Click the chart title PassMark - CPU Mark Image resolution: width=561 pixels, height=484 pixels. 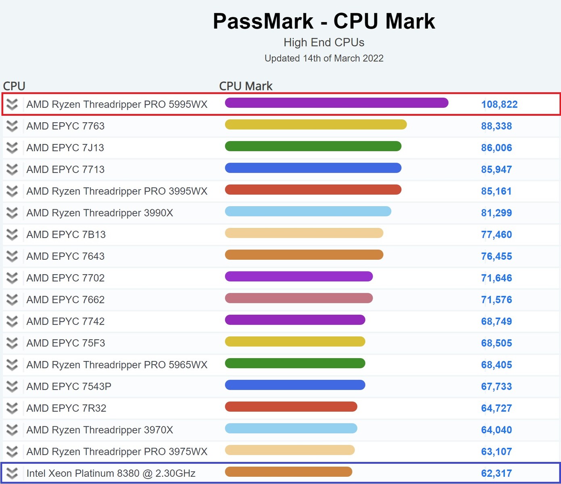coord(324,21)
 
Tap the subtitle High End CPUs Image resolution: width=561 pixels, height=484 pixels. coord(324,42)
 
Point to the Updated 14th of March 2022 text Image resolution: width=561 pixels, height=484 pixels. coord(324,58)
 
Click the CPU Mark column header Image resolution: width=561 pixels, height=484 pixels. coord(246,86)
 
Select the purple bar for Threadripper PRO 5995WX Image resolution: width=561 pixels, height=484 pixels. coord(336,103)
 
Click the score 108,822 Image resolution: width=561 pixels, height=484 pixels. coord(499,104)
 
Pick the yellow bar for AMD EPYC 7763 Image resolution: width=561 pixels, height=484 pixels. coord(315,125)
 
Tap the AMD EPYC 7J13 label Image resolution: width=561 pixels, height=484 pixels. coord(65,148)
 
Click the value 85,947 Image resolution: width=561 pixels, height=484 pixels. coord(496,170)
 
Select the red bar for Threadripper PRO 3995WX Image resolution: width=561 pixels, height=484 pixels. coord(313,190)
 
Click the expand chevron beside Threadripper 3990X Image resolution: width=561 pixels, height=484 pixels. coord(12,213)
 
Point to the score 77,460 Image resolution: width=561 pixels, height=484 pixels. coord(496,235)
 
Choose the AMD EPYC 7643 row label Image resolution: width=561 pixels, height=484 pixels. coord(65,257)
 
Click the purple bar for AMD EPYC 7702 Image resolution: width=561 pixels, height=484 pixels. coord(298,277)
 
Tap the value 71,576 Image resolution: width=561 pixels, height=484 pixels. coord(496,300)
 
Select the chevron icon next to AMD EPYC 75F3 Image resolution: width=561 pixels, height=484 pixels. coord(12,343)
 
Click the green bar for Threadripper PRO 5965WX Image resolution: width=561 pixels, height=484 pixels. coord(295,363)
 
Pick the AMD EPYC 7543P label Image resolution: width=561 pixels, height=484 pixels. coord(69,387)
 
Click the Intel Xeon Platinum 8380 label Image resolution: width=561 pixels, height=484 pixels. coord(111,474)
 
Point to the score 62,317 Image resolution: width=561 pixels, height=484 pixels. coord(496,474)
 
